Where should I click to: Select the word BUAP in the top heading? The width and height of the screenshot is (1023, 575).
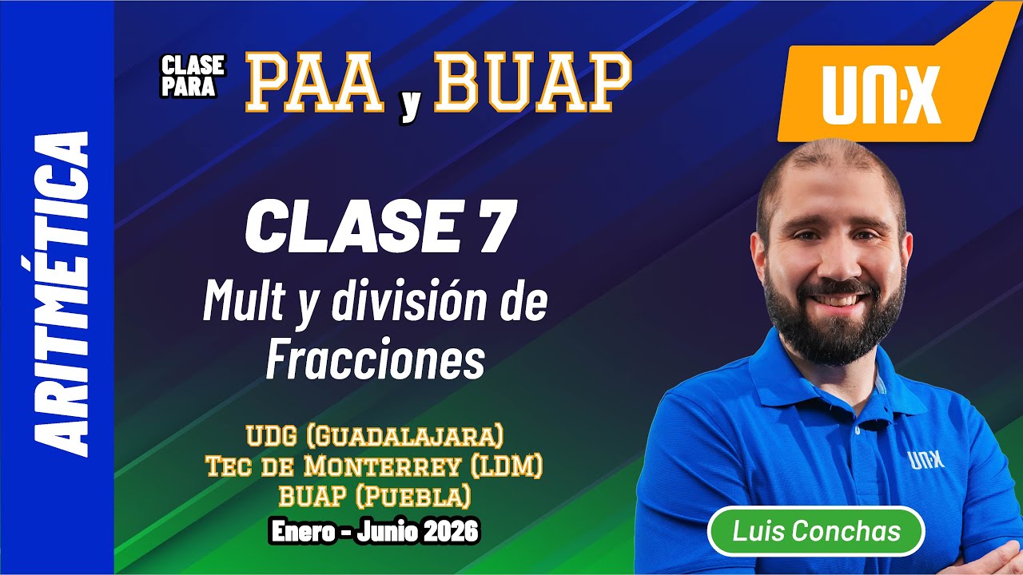[x=532, y=84]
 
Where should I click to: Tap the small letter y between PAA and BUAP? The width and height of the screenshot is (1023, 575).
[x=410, y=105]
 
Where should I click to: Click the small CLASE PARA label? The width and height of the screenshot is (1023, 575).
[x=193, y=76]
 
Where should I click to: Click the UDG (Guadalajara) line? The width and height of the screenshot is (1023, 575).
[x=375, y=436]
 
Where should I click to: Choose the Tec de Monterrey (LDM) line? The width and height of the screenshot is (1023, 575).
[x=375, y=466]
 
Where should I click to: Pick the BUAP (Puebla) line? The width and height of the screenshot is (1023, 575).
[x=375, y=496]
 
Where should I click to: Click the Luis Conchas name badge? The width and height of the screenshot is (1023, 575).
[x=816, y=531]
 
